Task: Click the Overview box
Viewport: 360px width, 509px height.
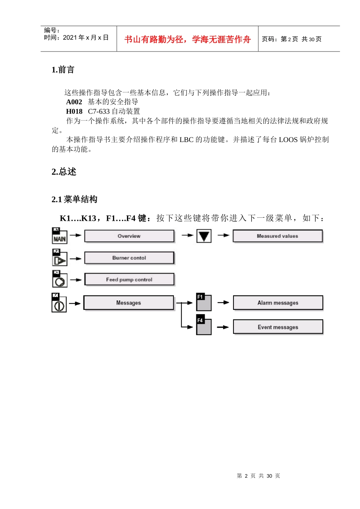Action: pos(129,236)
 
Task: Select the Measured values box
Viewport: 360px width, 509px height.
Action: pos(277,236)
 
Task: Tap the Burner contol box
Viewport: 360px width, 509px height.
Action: pos(129,258)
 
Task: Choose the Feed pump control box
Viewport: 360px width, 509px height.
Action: pos(129,279)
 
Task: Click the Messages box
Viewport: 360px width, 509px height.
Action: pos(128,303)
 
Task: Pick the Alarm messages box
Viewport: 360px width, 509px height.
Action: pos(278,303)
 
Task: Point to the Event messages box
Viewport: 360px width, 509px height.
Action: pos(278,327)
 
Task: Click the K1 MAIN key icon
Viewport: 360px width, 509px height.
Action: pos(59,236)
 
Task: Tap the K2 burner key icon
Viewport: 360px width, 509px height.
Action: pos(59,258)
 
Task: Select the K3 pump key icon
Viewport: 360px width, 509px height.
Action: pos(59,279)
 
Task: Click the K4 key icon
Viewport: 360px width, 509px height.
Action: pos(59,303)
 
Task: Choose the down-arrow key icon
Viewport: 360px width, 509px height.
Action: pos(204,236)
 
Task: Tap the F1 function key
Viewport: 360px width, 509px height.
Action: pos(204,302)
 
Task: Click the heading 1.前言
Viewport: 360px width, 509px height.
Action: pos(63,70)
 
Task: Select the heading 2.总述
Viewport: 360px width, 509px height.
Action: pos(64,172)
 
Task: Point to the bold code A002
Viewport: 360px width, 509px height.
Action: pos(74,102)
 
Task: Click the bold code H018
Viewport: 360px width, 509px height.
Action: pos(74,111)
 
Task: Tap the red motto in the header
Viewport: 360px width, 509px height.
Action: pos(187,39)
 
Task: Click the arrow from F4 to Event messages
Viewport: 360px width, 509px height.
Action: pos(223,327)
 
